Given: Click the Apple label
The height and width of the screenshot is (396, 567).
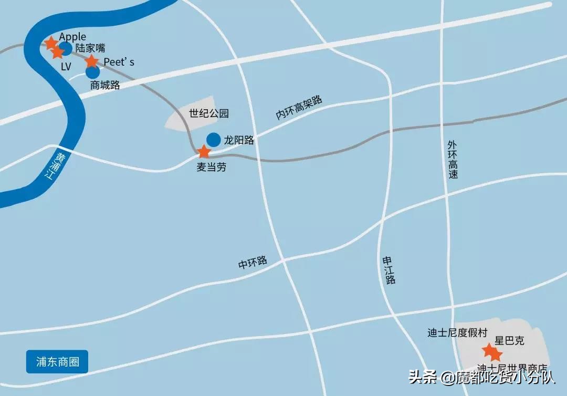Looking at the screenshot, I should pos(72,37).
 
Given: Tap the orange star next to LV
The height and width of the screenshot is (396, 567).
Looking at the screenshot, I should pos(57,53).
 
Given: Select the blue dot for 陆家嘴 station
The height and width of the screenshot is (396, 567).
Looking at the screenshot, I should pos(66,48).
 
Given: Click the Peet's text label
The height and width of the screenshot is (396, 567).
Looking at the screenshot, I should pos(119,62).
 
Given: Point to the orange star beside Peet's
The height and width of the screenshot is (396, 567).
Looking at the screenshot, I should pos(92,61).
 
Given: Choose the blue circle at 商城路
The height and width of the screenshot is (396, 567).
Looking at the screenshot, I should pos(92,72).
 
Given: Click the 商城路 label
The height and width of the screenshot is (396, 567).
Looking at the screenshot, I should pos(105,85).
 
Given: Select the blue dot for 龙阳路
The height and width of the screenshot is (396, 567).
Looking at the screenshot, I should pos(213,139).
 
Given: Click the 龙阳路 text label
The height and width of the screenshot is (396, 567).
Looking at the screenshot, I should pos(239,140).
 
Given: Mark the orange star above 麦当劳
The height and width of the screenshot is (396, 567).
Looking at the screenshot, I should pos(203,152).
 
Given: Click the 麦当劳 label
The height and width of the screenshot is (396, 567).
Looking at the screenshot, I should pos(212,168).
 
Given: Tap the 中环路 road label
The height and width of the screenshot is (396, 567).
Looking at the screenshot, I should pos(253,263).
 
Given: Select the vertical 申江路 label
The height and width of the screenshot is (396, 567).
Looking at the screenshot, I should pos(388,270).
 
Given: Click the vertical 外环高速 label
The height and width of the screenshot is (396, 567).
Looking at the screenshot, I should pos(453,159).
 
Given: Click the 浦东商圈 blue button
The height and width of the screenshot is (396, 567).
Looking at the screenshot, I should pos(57,362).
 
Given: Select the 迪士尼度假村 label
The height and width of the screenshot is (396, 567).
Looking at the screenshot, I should pos(457,332).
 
